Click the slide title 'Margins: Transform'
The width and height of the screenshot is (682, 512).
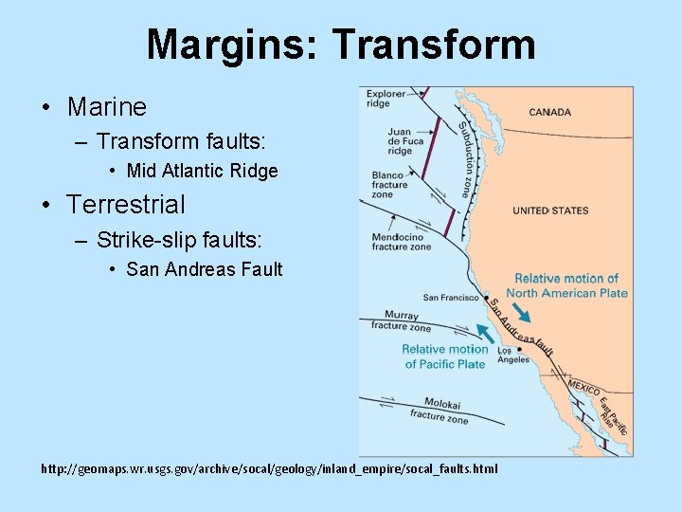(341, 44)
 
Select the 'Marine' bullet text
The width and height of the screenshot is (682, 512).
(106, 107)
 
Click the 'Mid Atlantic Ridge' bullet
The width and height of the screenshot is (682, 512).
(202, 171)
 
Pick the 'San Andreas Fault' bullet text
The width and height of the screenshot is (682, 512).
(204, 269)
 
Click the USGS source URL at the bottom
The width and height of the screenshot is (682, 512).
(268, 469)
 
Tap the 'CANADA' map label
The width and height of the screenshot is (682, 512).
(549, 112)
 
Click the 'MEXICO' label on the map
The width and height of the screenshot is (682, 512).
(583, 388)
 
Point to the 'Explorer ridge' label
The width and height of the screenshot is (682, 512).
(386, 99)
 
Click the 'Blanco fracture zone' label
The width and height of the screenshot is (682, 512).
(388, 184)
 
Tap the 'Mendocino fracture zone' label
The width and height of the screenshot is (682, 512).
(401, 242)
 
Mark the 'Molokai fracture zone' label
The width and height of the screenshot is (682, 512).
(439, 410)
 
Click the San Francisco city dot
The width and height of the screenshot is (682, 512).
(486, 298)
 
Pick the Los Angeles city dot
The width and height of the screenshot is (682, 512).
(520, 349)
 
